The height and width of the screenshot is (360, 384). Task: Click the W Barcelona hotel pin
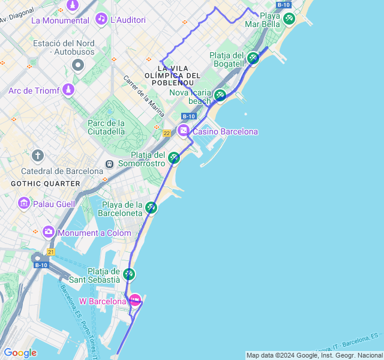coord(136,299)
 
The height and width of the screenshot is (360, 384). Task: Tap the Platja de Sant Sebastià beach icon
coord(128,275)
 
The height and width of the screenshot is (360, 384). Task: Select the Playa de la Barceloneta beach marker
coord(151,208)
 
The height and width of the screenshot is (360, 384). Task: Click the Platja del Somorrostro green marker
coord(174,158)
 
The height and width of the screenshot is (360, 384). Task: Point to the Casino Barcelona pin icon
coord(184,131)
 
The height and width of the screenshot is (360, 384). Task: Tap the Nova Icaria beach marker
coord(220,95)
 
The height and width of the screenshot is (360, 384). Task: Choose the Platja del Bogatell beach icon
coord(253,58)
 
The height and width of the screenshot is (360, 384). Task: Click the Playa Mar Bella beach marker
coord(289,19)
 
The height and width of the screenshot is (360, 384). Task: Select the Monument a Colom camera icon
coord(49,232)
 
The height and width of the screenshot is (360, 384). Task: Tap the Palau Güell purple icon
coord(24,203)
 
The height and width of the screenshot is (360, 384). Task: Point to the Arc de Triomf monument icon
coord(68,90)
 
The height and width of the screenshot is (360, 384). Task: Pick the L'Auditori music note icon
coord(101,19)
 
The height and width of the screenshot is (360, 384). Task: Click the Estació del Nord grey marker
coord(77,65)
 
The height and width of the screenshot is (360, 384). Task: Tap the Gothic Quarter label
coord(45,183)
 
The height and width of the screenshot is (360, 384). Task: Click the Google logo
coord(20,353)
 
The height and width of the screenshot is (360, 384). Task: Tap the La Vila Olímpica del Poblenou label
coord(172,75)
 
